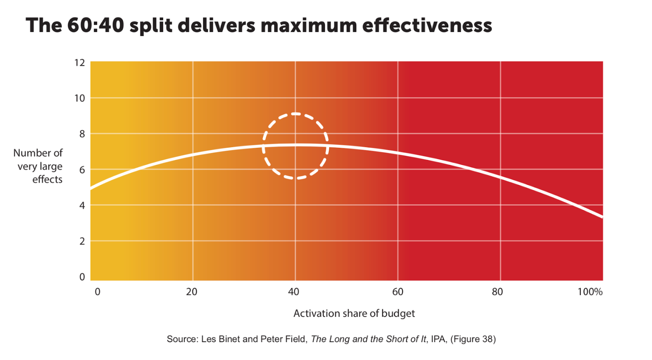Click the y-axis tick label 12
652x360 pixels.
79,63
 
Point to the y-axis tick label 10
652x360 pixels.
79,98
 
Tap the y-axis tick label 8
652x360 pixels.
82,134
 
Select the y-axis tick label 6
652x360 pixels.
82,170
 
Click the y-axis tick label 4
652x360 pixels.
82,206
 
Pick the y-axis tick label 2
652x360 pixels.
82,241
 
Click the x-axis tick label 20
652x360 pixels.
192,292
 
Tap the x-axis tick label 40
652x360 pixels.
293,292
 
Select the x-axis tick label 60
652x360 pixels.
398,292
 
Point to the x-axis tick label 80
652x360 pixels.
497,292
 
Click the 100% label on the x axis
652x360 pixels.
590,292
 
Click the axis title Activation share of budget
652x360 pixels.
354,313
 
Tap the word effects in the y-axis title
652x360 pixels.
47,180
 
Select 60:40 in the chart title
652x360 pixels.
95,25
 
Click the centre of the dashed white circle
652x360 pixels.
295,146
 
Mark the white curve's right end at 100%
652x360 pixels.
602,217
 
